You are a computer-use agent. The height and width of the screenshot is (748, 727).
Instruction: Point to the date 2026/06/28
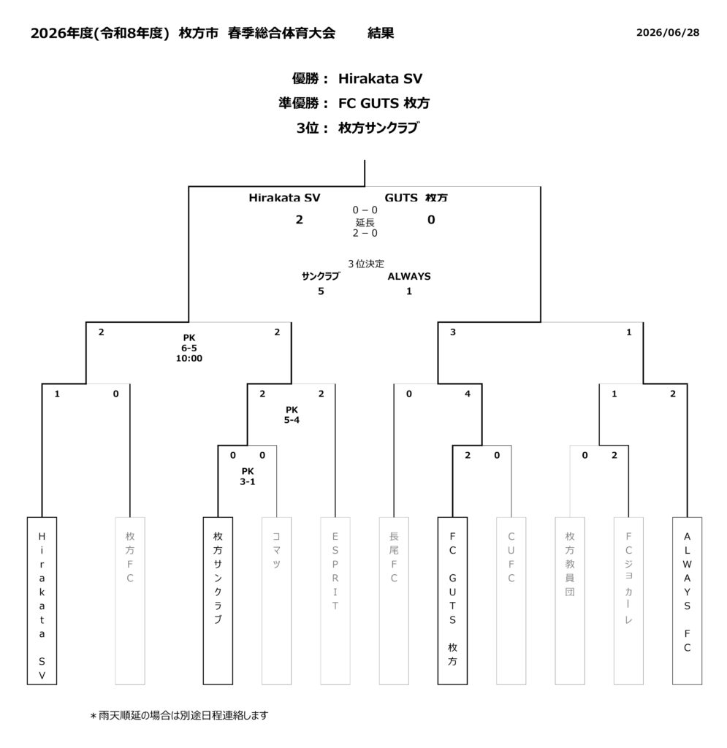pos(668,32)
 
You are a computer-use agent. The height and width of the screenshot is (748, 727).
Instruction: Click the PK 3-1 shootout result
pos(248,476)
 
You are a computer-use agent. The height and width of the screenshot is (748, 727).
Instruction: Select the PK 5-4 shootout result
pos(292,415)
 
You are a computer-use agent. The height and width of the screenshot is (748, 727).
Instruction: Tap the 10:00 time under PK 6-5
pos(189,358)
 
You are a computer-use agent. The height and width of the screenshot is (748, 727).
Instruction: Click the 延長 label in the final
pos(365,222)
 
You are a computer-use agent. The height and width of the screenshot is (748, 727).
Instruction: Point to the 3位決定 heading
pos(366,263)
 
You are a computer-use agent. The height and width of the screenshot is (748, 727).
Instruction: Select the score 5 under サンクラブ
pos(321,291)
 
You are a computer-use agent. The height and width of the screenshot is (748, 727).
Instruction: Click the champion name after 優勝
pos(380,79)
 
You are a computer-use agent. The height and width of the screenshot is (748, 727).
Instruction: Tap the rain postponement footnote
pos(179,716)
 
